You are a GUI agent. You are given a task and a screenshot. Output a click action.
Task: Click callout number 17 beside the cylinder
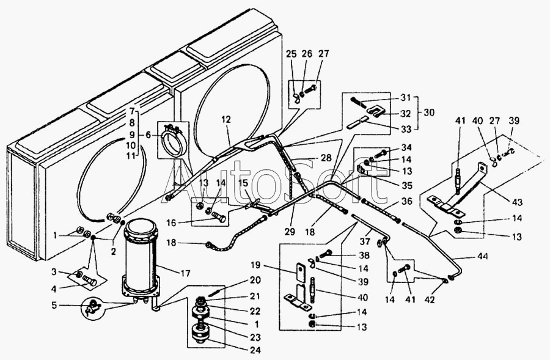(185, 273)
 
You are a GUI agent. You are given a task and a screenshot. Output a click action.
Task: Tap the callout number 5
(54, 305)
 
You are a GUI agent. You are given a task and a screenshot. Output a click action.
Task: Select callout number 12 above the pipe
(226, 120)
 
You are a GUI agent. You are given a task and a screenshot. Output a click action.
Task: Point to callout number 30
(429, 112)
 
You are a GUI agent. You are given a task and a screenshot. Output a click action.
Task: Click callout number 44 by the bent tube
(482, 257)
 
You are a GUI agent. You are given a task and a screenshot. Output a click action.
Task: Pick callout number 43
(518, 202)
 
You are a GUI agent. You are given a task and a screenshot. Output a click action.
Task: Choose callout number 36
(407, 202)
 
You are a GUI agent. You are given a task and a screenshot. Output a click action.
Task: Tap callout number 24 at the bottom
(255, 350)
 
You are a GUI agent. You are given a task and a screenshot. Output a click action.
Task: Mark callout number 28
(326, 158)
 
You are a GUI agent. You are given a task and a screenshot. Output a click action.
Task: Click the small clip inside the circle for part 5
(91, 308)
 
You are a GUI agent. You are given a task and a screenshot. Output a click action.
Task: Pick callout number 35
(407, 186)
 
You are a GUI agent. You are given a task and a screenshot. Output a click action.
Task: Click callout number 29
(290, 231)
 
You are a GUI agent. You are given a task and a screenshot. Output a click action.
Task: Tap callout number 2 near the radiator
(113, 251)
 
